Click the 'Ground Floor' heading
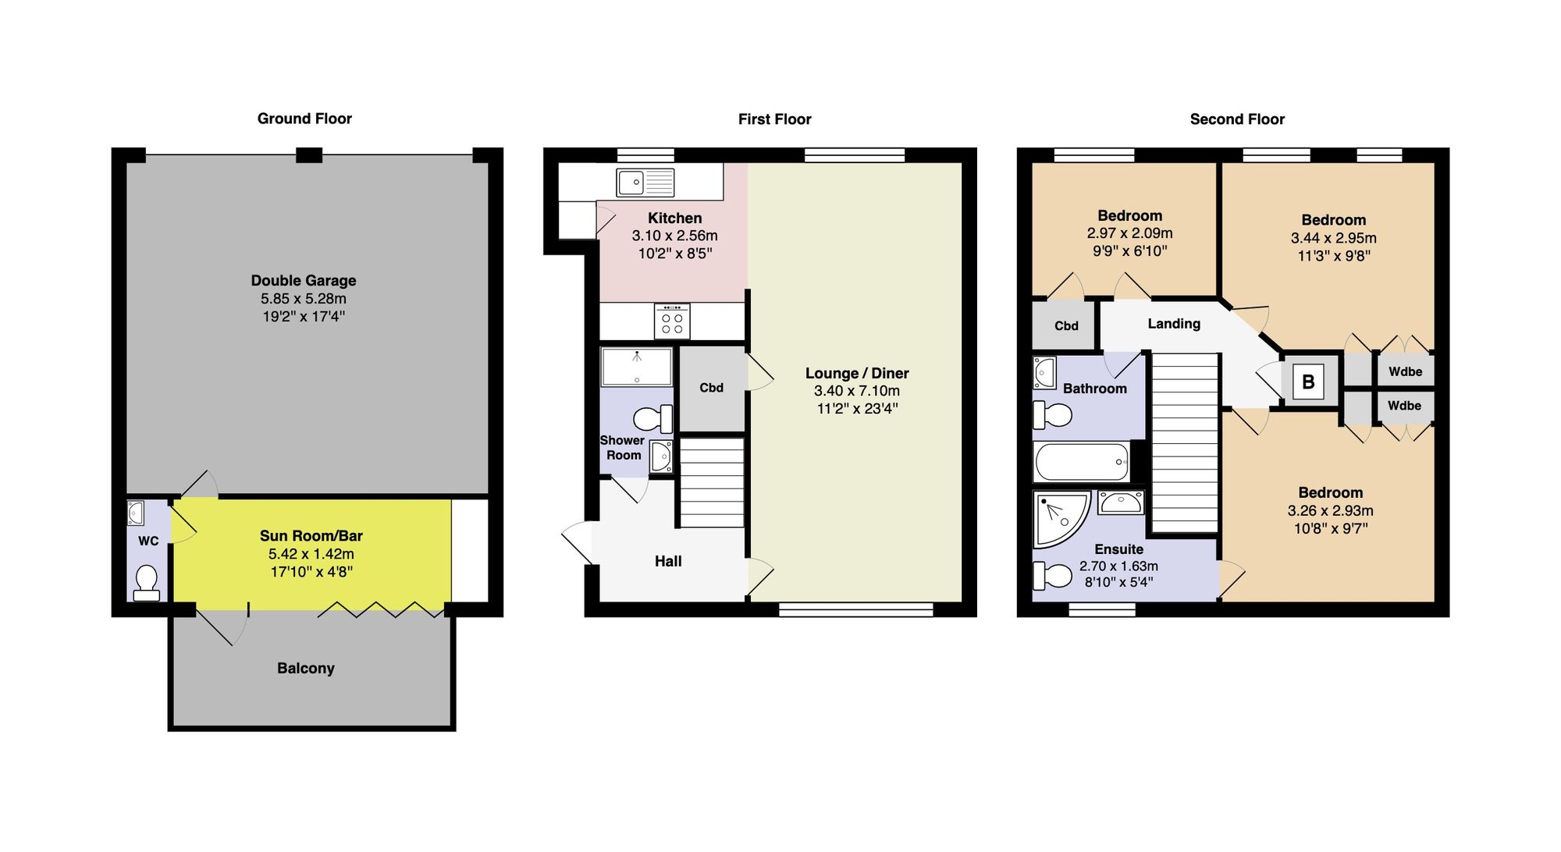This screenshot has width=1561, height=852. [304, 119]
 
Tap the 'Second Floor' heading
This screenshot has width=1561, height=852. [1236, 119]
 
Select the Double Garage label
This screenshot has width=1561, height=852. [304, 281]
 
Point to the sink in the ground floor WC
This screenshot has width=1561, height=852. [136, 513]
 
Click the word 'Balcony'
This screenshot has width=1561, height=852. [305, 669]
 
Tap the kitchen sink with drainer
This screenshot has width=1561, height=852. [645, 183]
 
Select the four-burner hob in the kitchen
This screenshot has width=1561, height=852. [672, 321]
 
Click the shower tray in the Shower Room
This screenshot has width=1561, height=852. [636, 367]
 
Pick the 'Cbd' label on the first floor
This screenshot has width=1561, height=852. [711, 388]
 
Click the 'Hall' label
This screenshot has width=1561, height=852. [668, 561]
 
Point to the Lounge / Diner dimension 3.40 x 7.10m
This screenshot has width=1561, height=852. [856, 391]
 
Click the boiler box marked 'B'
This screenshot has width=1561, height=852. [1308, 382]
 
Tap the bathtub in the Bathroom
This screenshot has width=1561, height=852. [1081, 462]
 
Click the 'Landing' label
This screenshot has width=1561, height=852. [1173, 324]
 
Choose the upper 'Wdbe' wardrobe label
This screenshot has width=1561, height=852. [1405, 371]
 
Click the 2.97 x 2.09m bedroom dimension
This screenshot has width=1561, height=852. [1129, 233]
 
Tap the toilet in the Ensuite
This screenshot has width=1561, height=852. [1053, 577]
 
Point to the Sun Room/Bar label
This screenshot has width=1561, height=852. [311, 536]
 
